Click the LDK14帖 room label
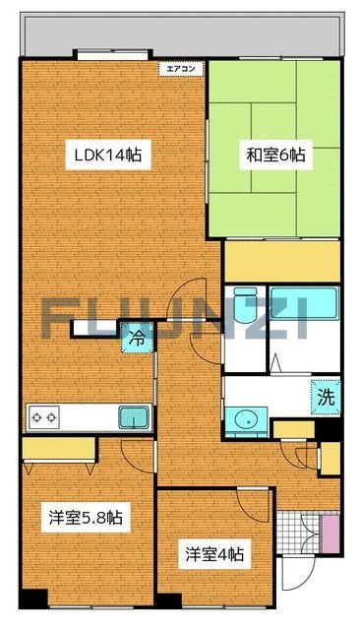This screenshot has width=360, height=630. coord(108,155)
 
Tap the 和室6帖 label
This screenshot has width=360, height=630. coord(275,155)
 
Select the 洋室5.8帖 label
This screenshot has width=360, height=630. coord(86,518)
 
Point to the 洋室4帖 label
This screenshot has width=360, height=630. coord(214,554)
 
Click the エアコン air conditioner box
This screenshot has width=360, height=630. coord(181,69)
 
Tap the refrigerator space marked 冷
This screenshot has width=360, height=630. coord(138,339)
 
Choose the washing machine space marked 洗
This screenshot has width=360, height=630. coord(326,397)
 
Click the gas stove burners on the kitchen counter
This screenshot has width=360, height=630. coord(43,417)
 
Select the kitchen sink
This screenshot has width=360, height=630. coord(134,417)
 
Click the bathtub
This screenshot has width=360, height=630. coord(304,303)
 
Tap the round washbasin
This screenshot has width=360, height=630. coord(246,422)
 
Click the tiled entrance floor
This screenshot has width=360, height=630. coord(299,534)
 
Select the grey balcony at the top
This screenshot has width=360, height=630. coord(183,34)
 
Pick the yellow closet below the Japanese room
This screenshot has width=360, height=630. coord(282,261)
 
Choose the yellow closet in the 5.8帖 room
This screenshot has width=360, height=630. coord(59,448)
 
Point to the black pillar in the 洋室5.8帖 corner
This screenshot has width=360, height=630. coord(33,599)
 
